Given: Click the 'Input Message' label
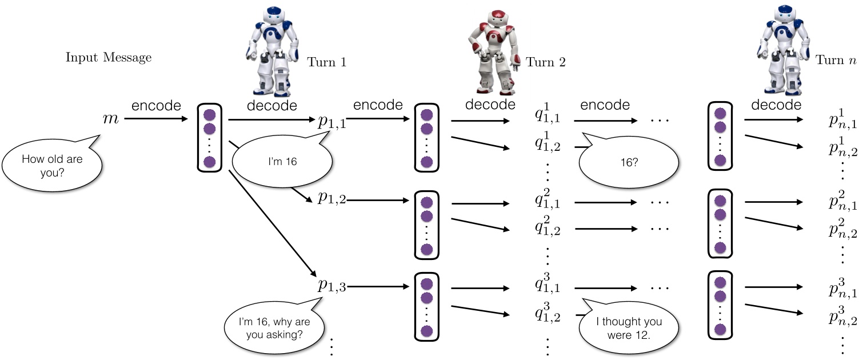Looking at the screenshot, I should tap(109, 58).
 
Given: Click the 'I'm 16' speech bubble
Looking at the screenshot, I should tap(282, 162).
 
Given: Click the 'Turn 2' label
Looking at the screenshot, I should tap(545, 62).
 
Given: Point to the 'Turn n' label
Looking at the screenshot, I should tap(837, 60).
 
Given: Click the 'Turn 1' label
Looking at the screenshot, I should tap(326, 62).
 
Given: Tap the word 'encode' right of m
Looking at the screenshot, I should tap(156, 106).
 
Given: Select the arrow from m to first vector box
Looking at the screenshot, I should tap(156, 119).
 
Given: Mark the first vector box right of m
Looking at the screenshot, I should tap(209, 137).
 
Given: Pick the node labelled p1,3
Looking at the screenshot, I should tap(332, 287).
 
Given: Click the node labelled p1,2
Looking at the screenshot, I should tap(332, 199).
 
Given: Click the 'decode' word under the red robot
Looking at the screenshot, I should tap(490, 105).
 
